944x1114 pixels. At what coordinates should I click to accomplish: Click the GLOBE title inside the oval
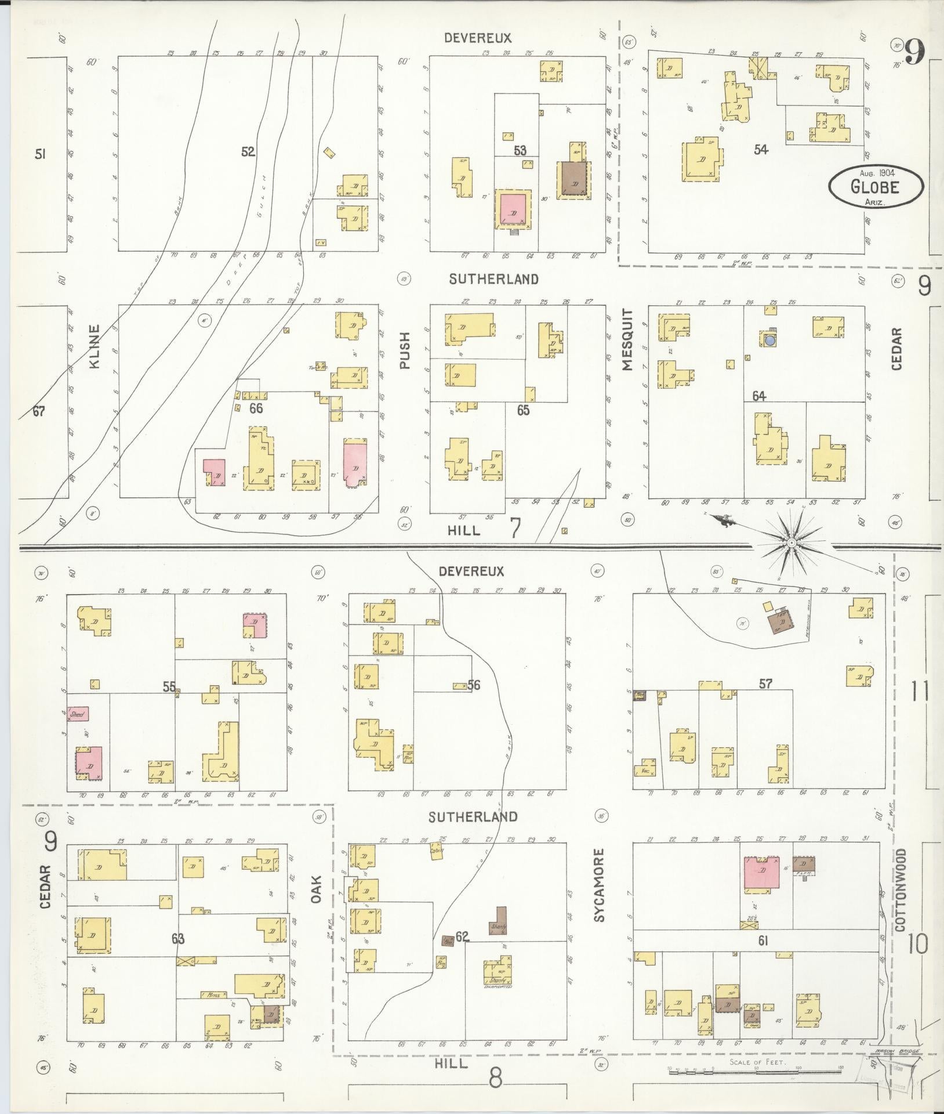(875, 186)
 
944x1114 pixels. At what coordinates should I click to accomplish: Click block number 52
(248, 152)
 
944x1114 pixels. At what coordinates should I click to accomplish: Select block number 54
(761, 150)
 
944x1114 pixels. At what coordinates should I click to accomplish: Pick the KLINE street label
(95, 347)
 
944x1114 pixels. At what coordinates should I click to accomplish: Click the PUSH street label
(405, 350)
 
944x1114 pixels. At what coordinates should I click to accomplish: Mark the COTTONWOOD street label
(899, 894)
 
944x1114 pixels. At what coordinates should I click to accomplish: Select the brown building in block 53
(573, 180)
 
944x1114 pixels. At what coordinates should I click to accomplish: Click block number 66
(256, 408)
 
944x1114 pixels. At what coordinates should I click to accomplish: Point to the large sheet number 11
(919, 691)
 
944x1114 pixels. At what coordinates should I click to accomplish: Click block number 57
(765, 684)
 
